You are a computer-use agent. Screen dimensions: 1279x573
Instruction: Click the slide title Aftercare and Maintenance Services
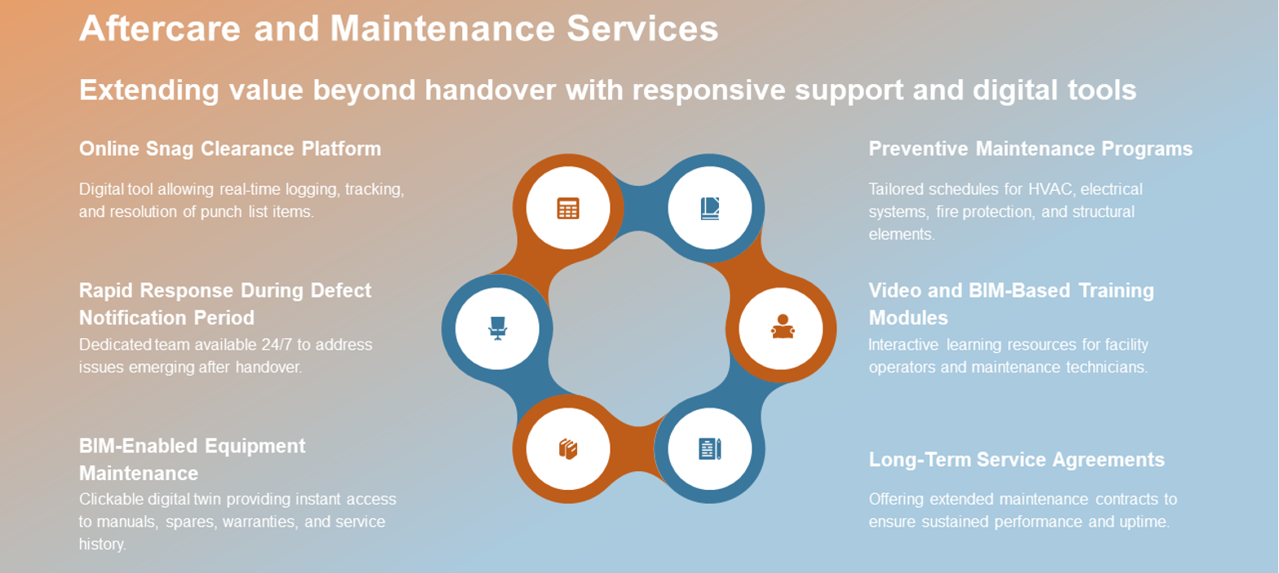coord(399,29)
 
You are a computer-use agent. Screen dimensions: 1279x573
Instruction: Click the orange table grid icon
coord(567,209)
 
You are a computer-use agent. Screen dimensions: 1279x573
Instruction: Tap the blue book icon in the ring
coord(710,209)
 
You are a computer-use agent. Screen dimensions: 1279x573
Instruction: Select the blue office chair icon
coord(497,328)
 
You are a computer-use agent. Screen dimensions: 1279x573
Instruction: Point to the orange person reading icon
coord(783,327)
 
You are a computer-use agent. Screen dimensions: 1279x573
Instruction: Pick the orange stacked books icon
coord(567,449)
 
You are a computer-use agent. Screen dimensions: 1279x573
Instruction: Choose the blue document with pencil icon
coord(710,449)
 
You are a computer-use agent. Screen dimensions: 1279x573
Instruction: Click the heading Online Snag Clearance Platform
coord(230,149)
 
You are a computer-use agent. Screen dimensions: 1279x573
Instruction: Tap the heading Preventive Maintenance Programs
coord(1030,149)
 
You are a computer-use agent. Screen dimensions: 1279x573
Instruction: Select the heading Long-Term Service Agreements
coord(1017,460)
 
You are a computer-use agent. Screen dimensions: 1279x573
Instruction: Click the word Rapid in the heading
coord(107,290)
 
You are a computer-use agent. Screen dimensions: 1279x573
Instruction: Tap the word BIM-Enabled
coord(139,446)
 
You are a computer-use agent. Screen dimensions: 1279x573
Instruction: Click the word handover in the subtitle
coord(490,90)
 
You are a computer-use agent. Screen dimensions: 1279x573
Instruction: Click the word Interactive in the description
coord(903,345)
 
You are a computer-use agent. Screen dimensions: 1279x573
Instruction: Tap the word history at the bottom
coord(102,544)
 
